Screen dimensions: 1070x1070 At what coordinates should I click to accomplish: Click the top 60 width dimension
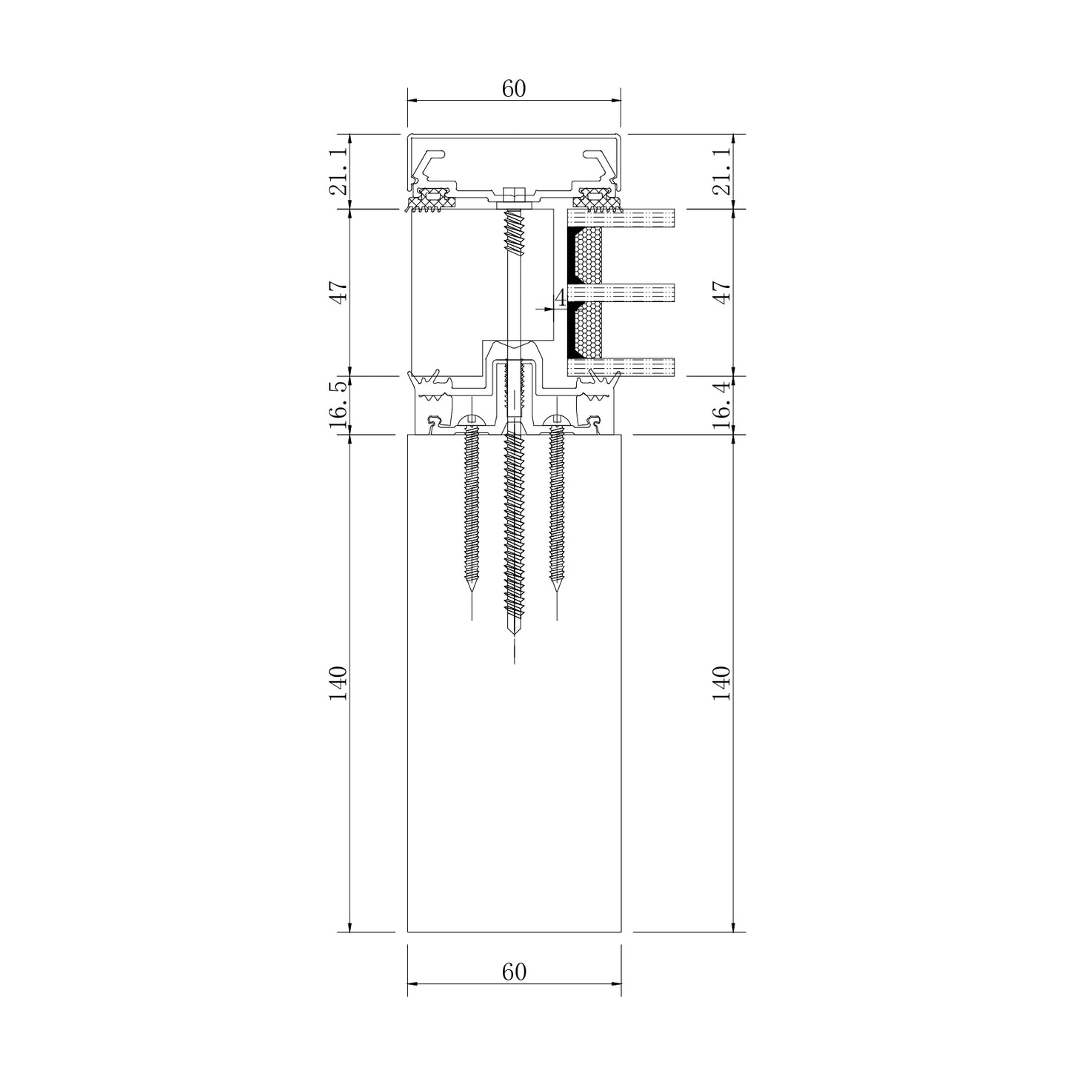pos(513,89)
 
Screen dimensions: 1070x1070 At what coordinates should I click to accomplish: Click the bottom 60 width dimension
pos(513,972)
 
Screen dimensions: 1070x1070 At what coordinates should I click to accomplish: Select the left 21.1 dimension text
pos(339,172)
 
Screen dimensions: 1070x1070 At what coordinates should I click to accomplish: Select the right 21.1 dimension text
pos(723,172)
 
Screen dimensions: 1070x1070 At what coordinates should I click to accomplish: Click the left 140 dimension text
pos(339,683)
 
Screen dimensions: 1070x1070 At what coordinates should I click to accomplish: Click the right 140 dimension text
pos(723,683)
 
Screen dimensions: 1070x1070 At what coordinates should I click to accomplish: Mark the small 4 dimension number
pos(561,298)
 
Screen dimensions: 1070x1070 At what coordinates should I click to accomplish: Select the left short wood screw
pos(472,511)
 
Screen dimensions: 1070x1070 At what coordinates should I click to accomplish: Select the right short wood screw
pos(557,511)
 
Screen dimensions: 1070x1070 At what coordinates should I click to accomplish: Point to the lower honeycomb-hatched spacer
pos(591,330)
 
